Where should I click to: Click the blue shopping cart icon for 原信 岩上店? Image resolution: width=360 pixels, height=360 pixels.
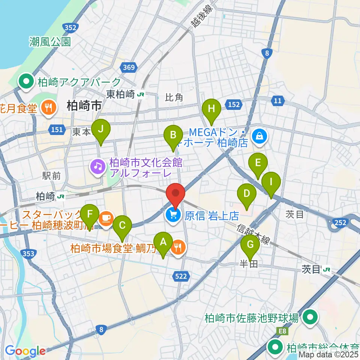[173, 214]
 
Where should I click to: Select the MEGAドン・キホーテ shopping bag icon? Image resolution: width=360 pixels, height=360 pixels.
[259, 135]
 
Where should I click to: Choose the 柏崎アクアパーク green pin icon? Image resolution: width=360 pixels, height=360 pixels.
[27, 81]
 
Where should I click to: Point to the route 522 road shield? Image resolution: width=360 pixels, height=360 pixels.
[181, 276]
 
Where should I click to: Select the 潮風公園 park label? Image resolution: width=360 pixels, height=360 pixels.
[50, 42]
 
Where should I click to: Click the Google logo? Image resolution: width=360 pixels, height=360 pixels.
[25, 351]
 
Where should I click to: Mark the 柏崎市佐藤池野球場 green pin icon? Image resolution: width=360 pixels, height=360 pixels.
[310, 318]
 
